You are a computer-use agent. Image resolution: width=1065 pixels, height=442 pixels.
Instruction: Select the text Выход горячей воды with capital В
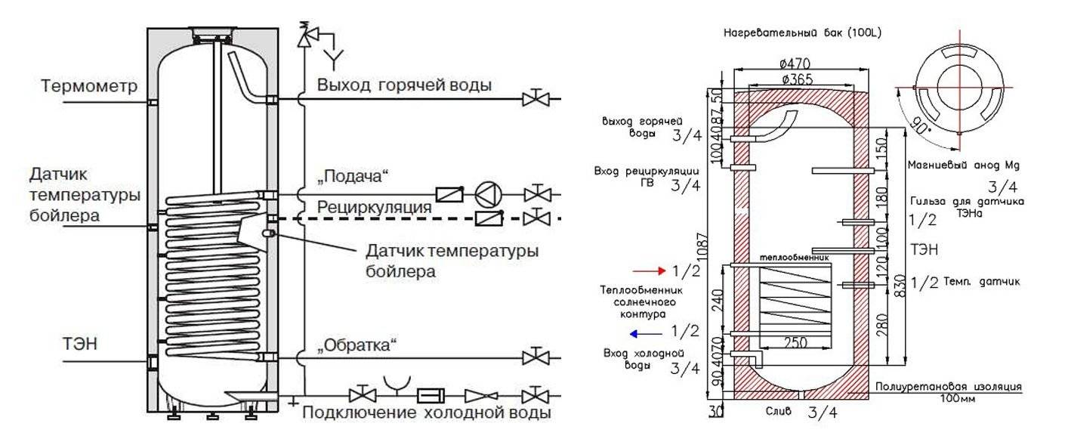404,85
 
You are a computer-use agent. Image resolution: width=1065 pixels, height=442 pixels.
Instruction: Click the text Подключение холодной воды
426,413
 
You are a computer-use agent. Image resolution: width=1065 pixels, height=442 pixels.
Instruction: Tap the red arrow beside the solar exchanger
647,270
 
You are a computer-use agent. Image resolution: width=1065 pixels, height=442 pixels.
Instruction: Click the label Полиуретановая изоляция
948,386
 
